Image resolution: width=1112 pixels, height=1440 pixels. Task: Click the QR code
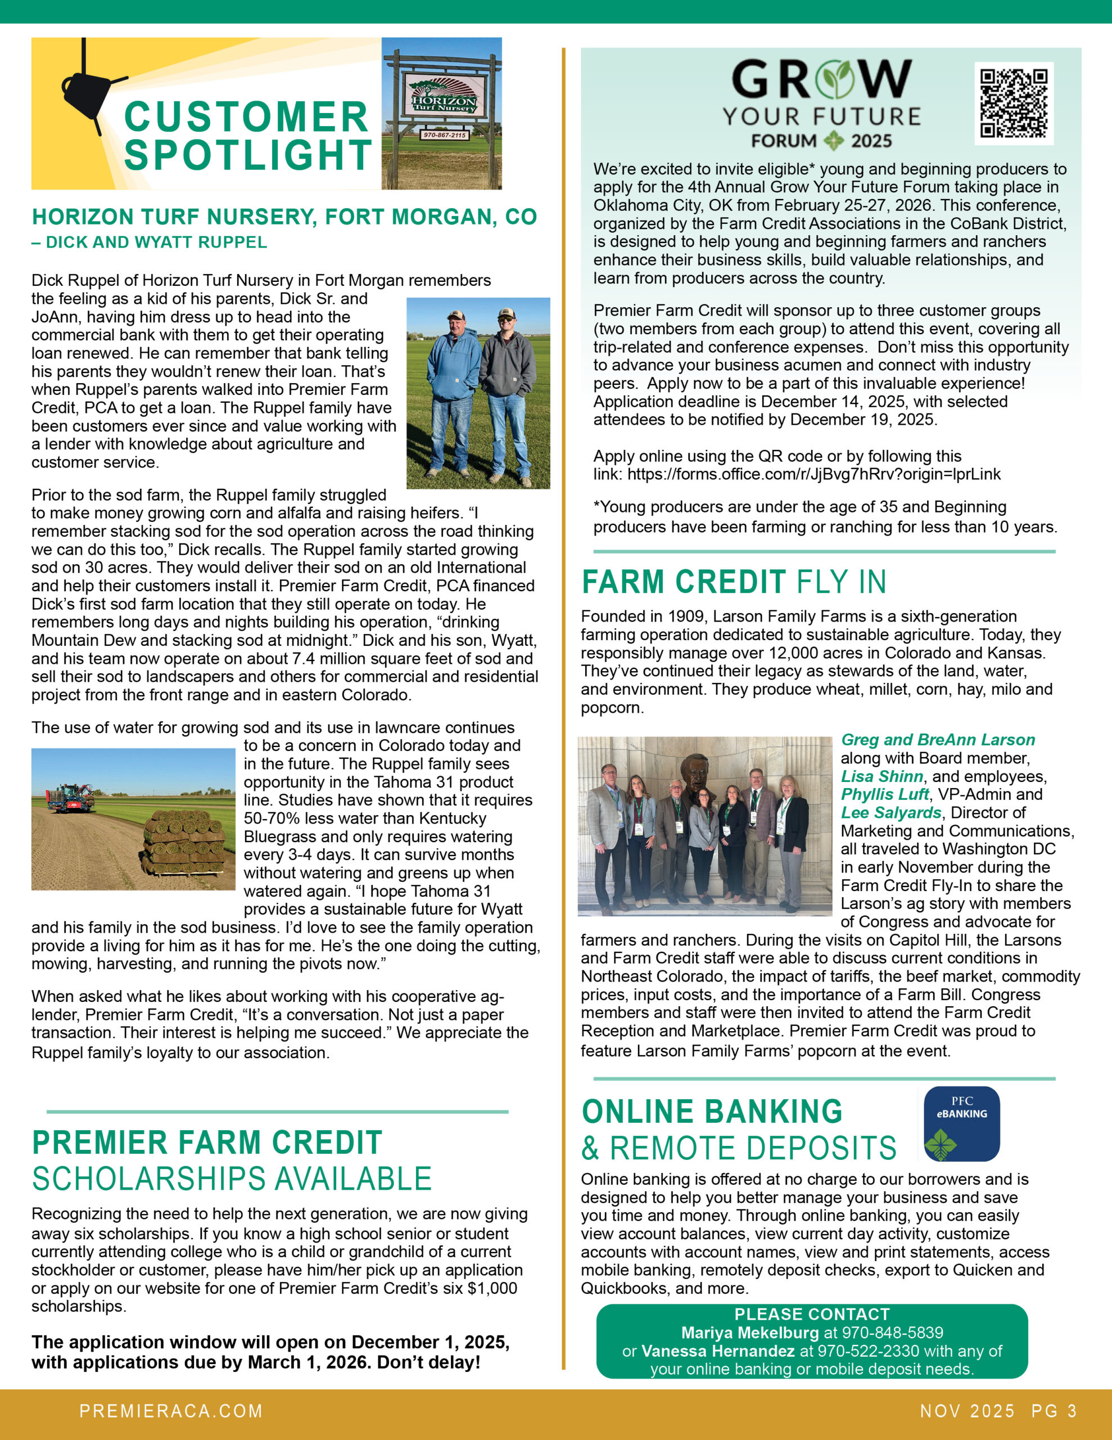tap(1014, 103)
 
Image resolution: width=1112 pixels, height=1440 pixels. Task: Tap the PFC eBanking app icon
tap(961, 1123)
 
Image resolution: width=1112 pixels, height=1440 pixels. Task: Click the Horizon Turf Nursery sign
tap(444, 96)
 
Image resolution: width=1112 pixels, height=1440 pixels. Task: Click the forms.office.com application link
tap(813, 474)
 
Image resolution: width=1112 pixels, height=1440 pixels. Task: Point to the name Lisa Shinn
tap(882, 776)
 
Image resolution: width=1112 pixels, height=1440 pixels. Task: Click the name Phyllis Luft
tap(884, 794)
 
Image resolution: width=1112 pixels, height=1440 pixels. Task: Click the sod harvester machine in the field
tap(69, 797)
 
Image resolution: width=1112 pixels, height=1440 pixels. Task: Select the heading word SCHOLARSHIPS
tap(131, 1180)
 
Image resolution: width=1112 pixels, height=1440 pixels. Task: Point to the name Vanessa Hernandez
tap(717, 1351)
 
